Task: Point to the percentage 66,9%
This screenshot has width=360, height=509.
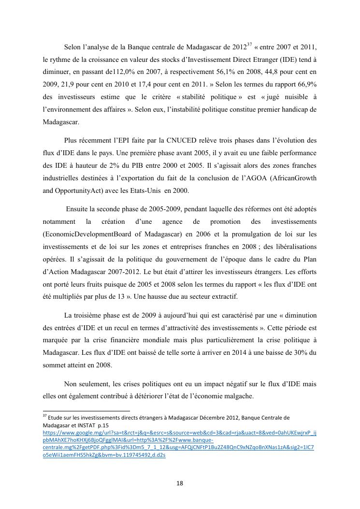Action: click(305, 84)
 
